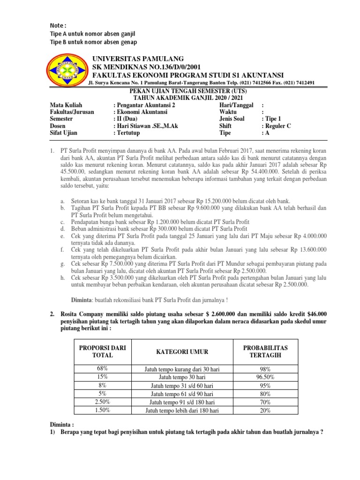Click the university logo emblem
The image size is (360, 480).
coord(68,71)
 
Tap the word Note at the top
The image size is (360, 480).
coord(59,25)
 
